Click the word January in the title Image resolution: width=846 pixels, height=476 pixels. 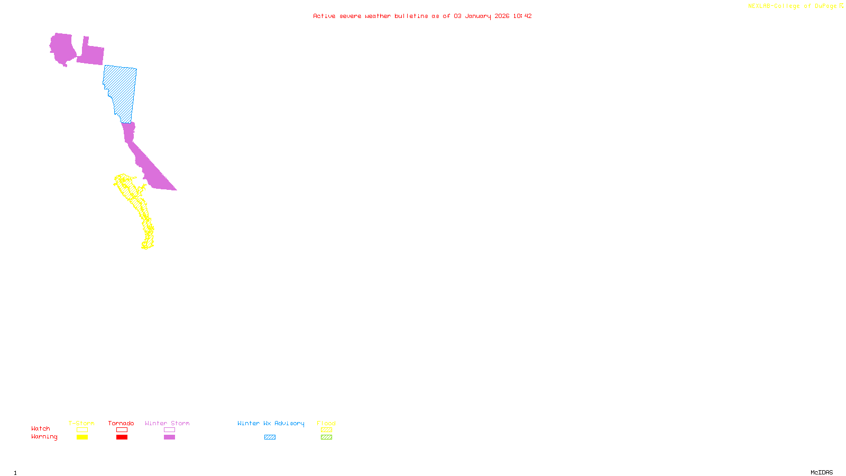tap(478, 16)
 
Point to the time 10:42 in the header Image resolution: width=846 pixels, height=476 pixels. tap(522, 16)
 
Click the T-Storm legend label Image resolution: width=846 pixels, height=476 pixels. tap(81, 423)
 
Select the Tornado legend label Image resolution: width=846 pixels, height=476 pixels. tap(121, 423)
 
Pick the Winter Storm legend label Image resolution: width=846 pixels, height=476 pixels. tap(167, 423)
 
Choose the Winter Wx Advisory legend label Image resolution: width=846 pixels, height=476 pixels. tap(271, 423)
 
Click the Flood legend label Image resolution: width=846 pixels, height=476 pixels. tap(326, 423)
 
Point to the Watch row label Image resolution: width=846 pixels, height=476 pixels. tap(41, 428)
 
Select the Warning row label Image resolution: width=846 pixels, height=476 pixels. tap(44, 437)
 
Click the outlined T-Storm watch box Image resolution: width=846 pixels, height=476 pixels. tap(82, 430)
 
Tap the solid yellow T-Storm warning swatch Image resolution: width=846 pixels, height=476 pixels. tap(82, 437)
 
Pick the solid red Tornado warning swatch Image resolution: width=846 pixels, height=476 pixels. tap(122, 437)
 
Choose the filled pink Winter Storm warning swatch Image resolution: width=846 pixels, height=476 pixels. tap(169, 437)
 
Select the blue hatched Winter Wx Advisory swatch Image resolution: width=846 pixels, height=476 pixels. tap(270, 437)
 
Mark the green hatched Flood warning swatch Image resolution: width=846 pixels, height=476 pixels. tap(326, 437)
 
